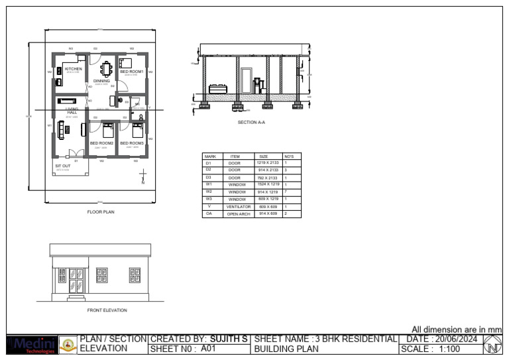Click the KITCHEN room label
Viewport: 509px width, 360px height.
74,69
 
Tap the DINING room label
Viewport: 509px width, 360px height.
101,82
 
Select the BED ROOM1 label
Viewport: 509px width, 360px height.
131,72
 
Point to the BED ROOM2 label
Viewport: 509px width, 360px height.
101,143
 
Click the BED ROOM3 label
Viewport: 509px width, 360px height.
131,143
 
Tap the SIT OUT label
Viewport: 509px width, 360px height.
62,166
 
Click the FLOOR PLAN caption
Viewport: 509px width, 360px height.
101,212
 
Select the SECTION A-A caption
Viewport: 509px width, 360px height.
251,123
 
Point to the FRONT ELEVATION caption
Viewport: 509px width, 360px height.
107,310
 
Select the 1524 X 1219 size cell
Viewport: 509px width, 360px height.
268,184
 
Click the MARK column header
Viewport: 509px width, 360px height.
210,156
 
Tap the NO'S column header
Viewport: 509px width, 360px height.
289,156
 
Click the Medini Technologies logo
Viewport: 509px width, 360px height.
30,345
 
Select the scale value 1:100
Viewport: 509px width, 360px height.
454,349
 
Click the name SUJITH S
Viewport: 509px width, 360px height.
229,339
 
